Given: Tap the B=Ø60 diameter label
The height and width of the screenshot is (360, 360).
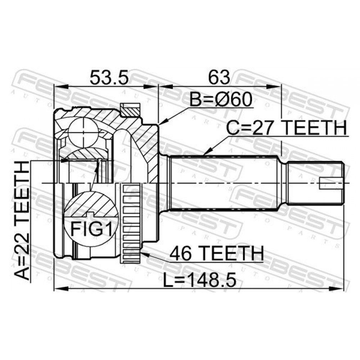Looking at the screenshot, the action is [221, 100].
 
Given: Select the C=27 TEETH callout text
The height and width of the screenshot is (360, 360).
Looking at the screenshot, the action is [287, 129].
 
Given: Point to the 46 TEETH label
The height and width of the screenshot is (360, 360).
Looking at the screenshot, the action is [217, 253].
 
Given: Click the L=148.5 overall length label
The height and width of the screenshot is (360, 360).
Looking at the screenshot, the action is [199, 280].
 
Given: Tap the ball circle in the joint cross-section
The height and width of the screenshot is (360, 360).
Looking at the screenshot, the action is [83, 131].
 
